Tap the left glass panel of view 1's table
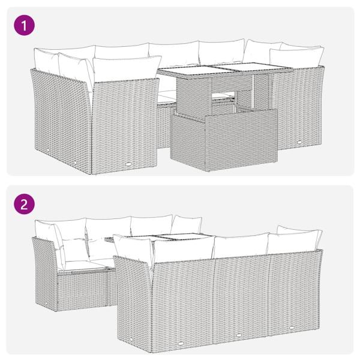click(x=191, y=71)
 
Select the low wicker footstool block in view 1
click(x=223, y=137)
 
